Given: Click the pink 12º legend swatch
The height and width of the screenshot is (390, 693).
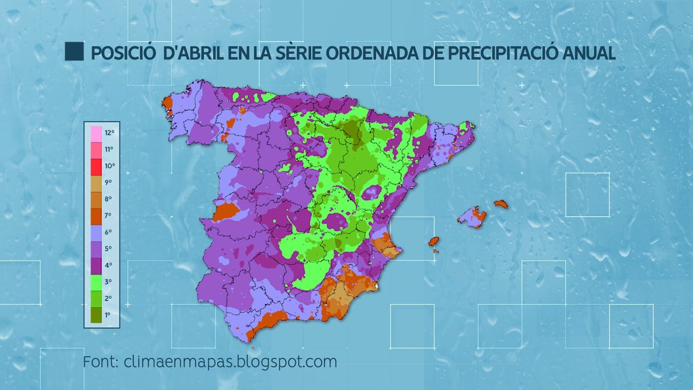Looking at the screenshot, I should (96, 133).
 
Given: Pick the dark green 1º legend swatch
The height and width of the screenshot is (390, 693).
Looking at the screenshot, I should (96, 315).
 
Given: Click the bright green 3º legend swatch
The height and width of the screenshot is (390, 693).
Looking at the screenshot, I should (96, 282).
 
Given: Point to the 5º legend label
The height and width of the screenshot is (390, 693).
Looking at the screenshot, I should (108, 249).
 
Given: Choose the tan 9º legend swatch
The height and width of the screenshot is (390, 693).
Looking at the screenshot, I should (96, 183).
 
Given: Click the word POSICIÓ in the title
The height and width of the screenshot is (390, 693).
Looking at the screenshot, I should (123, 53).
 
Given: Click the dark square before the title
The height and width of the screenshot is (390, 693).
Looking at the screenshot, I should (74, 52).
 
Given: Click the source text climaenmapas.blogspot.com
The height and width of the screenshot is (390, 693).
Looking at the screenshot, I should (230, 361).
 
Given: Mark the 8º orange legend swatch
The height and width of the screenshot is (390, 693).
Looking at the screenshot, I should (96, 200).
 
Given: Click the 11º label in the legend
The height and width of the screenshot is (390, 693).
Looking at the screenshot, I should (108, 149).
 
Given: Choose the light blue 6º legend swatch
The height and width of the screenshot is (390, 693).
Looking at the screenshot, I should (96, 233).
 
